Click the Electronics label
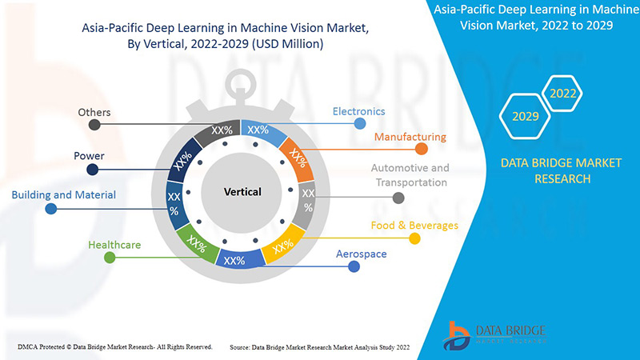click(358, 111)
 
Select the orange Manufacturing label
click(410, 137)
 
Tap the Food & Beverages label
click(414, 225)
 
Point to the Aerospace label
click(359, 254)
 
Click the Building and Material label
click(63, 194)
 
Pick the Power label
click(89, 155)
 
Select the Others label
click(94, 112)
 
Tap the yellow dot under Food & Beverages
click(414, 238)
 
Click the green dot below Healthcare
click(110, 257)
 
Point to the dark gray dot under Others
click(94, 125)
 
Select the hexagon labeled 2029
click(524, 117)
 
